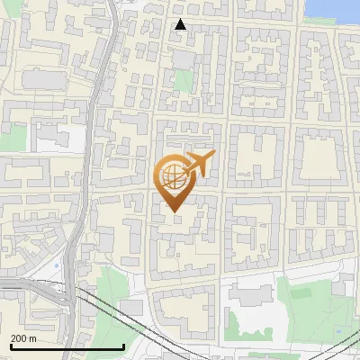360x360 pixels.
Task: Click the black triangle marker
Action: pyautogui.click(x=181, y=24)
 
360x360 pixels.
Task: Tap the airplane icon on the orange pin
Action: pyautogui.click(x=199, y=164)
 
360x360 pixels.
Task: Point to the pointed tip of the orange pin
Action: pyautogui.click(x=173, y=211)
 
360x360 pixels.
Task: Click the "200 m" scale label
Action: pyautogui.click(x=23, y=338)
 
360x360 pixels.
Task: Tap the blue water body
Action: pyautogui.click(x=332, y=9)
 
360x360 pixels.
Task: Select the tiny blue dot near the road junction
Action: pyautogui.click(x=56, y=265)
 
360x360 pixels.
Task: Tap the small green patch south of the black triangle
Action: pyautogui.click(x=184, y=81)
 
